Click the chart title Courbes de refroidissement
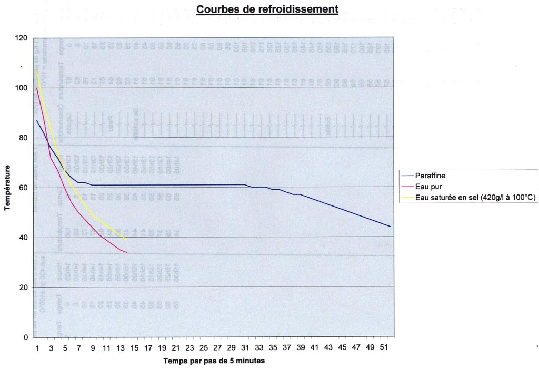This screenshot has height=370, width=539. point(267,9)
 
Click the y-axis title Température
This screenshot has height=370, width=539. point(7,188)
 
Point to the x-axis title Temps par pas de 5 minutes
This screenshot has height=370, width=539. point(214,361)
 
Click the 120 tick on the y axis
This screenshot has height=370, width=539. point(22,38)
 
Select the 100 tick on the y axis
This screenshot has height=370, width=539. point(22,88)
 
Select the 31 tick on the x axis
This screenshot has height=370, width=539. point(245,347)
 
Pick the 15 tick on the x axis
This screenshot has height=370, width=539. point(134,347)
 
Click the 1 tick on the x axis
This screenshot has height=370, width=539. point(37,347)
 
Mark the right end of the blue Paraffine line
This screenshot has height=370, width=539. point(391,227)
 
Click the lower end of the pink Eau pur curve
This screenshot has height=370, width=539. point(127,253)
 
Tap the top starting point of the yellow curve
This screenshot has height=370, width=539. point(37,70)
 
